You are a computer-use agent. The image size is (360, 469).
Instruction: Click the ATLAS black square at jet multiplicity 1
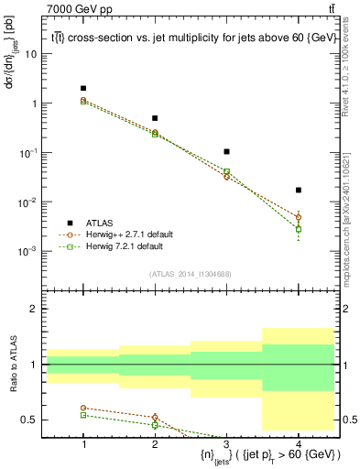coord(83,88)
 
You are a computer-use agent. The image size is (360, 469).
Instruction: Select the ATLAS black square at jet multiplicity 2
coord(155,118)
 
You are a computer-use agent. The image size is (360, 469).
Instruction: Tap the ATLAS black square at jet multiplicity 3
coord(226,151)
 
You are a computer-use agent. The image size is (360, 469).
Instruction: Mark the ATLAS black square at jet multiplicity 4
coord(299,190)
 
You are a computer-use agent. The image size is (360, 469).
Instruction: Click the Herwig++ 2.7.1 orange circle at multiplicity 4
coord(299,217)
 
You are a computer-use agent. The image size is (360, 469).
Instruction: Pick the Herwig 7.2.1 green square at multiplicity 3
coord(226,171)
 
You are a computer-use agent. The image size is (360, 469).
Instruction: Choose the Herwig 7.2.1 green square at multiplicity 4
coord(299,229)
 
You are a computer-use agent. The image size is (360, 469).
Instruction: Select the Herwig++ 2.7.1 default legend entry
coord(110,234)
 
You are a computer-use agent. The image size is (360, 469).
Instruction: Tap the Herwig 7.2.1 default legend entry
coord(110,246)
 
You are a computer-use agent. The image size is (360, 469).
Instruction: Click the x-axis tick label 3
coord(226,444)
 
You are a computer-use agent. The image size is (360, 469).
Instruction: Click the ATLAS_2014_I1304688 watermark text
coord(191,273)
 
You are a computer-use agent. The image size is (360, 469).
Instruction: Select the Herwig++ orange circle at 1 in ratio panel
coord(83,408)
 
